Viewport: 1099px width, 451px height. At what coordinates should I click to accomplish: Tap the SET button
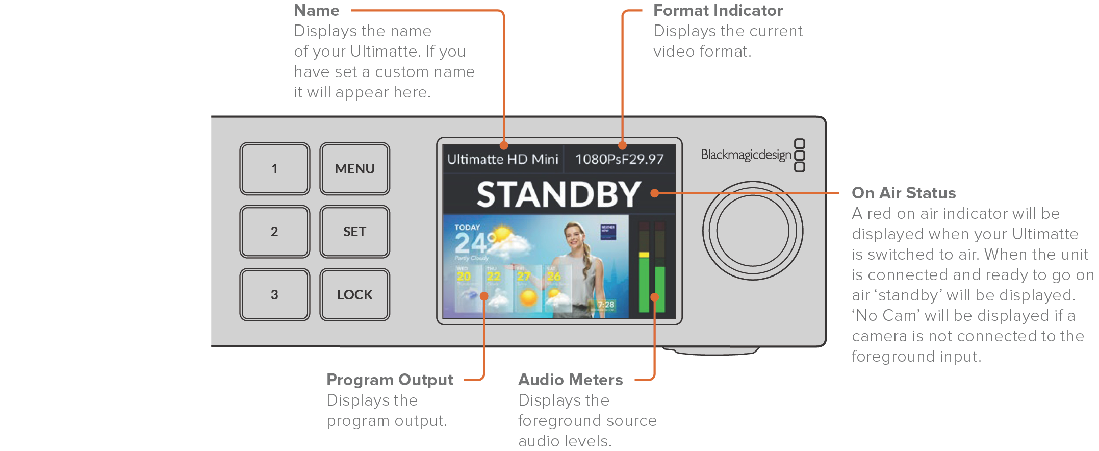(354, 232)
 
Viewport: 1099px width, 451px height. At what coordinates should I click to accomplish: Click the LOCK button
(354, 295)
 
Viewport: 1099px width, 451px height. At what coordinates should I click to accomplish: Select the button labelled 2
(274, 232)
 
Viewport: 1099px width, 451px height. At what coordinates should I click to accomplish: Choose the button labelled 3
(274, 295)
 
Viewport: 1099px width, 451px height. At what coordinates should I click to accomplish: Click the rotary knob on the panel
(752, 231)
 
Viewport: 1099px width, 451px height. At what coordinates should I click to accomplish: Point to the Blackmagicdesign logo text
(746, 155)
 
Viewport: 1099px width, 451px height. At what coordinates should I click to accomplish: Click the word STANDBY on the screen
(558, 194)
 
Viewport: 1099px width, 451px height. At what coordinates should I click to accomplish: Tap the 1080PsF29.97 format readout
(619, 159)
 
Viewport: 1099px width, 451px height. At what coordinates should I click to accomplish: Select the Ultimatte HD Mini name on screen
(502, 159)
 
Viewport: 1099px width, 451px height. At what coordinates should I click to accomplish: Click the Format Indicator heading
(718, 11)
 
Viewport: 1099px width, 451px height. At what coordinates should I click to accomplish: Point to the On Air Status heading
(903, 193)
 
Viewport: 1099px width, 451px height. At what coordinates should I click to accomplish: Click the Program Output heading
(390, 380)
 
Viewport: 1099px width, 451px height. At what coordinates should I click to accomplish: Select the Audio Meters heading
(570, 380)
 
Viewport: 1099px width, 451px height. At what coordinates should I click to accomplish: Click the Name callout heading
(317, 11)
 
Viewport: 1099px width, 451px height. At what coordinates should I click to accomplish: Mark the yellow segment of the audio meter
(644, 255)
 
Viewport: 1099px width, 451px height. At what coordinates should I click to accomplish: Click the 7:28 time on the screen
(606, 305)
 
